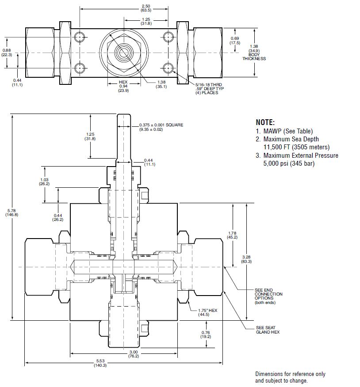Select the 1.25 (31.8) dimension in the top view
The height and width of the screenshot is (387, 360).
146,21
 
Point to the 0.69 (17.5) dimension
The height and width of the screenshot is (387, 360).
234,41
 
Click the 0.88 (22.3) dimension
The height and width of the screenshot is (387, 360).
7,52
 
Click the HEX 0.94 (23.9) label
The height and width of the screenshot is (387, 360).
123,86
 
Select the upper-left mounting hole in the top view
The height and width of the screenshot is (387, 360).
80,36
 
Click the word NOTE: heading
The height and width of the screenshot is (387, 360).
265,122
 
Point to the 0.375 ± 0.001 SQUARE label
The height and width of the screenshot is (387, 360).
161,127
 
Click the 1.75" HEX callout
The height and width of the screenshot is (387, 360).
208,313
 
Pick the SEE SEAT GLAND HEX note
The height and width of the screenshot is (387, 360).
268,330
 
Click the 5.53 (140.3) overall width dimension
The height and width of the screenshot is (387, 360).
100,363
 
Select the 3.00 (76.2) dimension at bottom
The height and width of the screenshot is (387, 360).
133,353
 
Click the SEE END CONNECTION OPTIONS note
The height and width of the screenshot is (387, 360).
268,296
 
